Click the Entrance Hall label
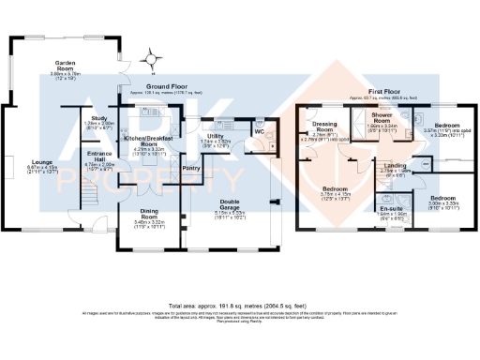coord(99,156)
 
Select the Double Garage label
coord(229,203)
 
